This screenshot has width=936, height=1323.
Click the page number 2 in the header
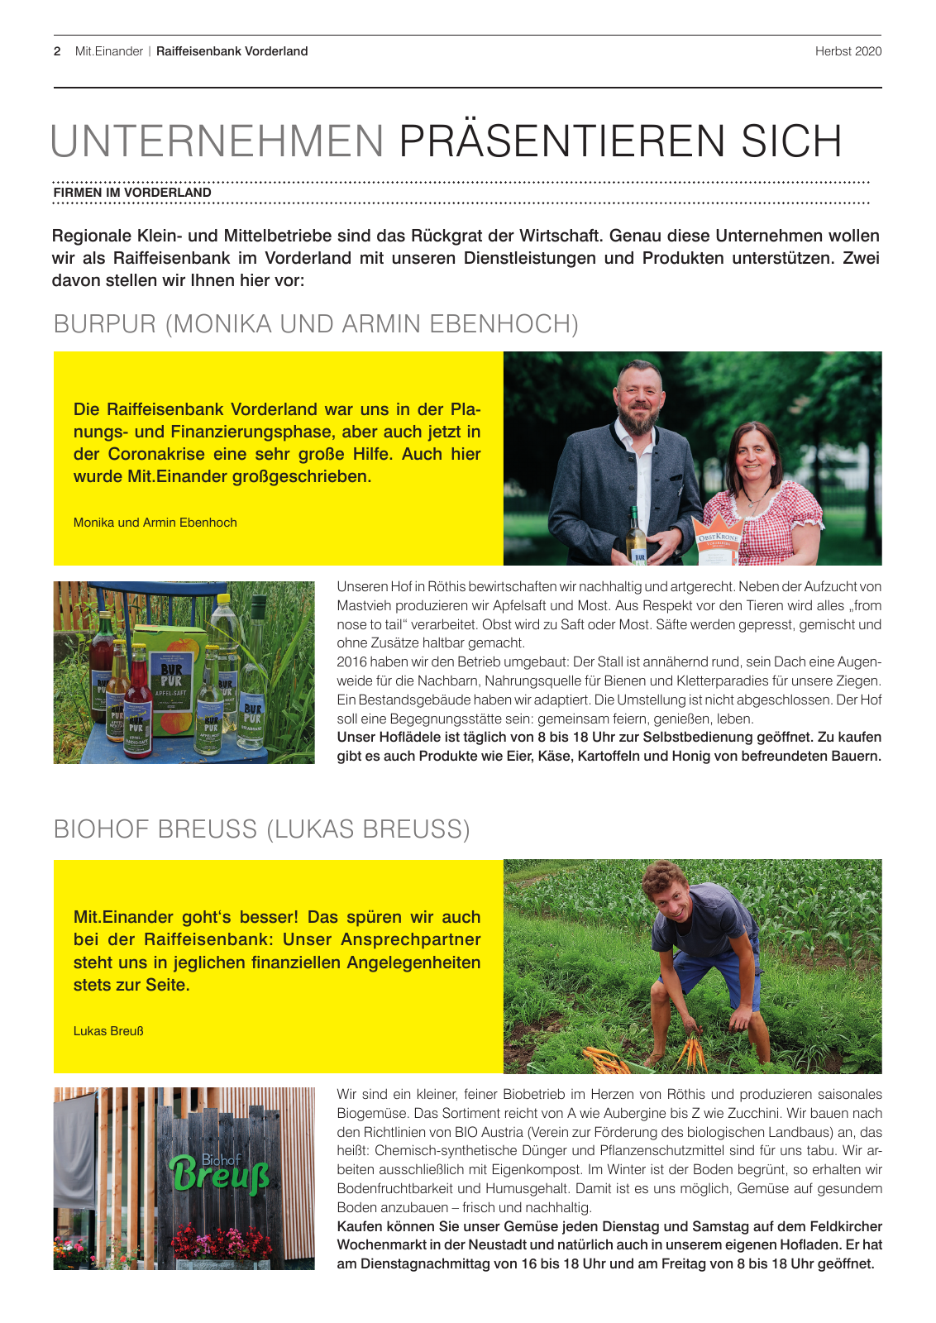click(x=57, y=51)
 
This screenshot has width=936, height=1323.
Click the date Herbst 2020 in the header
click(x=848, y=51)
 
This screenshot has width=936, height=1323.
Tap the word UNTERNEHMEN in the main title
click(x=217, y=141)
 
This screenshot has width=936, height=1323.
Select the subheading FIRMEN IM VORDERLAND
click(x=132, y=193)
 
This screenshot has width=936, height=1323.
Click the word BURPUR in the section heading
click(x=104, y=324)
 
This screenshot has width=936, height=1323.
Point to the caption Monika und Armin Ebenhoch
click(x=155, y=523)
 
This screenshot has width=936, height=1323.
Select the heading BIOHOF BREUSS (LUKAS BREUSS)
click(x=261, y=829)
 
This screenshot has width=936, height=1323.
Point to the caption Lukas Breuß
click(x=108, y=1031)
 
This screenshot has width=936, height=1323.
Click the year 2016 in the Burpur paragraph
click(x=351, y=662)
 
